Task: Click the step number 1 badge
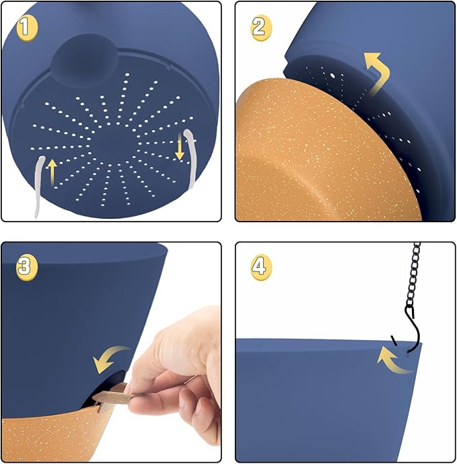[27, 28]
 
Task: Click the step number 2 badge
[260, 28]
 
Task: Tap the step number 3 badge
[27, 267]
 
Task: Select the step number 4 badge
[260, 267]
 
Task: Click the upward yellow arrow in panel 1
[52, 172]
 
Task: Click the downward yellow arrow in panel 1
[180, 146]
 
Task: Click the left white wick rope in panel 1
[38, 187]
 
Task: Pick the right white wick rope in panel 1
[192, 158]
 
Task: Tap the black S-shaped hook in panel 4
[413, 329]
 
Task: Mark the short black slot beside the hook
[394, 341]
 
